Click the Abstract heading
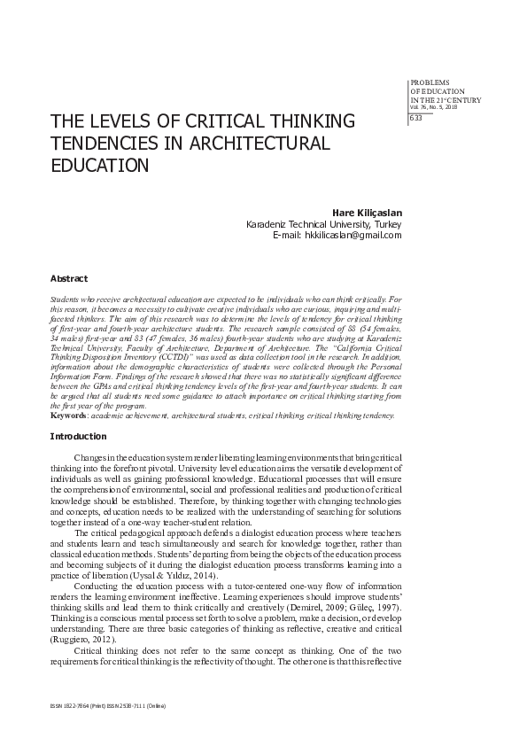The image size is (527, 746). click(68, 277)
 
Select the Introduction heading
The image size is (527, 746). click(78, 437)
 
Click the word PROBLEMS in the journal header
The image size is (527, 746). click(429, 82)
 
